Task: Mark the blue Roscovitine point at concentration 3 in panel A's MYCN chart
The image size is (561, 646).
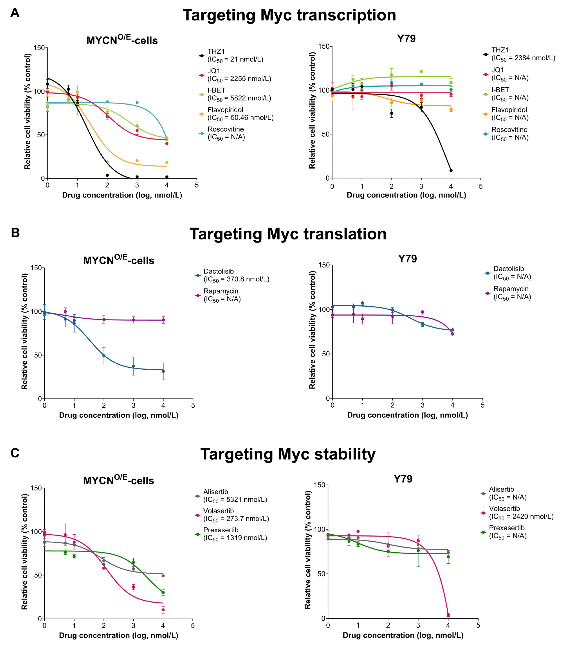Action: (137, 102)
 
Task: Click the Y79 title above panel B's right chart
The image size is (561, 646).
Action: (407, 259)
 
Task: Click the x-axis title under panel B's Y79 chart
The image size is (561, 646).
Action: (407, 415)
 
